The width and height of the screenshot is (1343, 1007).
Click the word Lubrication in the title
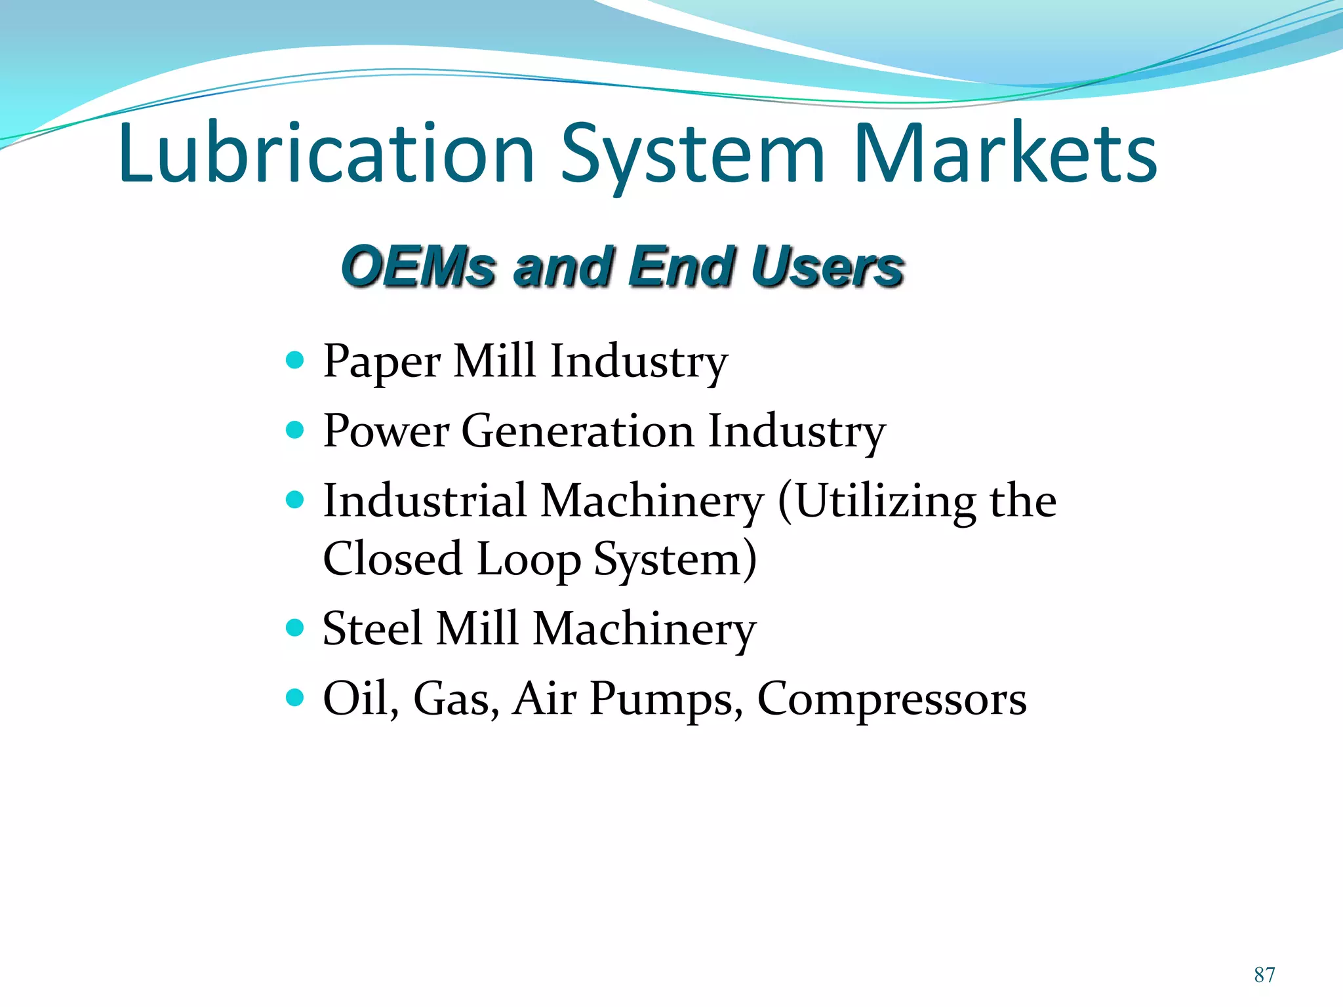326,154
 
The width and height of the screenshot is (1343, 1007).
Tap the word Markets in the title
1005,154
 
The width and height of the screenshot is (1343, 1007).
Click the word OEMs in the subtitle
418,267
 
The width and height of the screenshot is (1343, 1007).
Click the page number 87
1264,975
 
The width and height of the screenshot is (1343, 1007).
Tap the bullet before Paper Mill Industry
296,360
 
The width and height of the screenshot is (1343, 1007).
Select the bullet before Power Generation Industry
296,430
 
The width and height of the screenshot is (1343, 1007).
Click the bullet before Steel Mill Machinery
296,628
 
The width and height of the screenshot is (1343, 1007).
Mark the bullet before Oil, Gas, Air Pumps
296,698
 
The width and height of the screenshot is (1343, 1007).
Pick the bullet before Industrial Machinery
296,500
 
